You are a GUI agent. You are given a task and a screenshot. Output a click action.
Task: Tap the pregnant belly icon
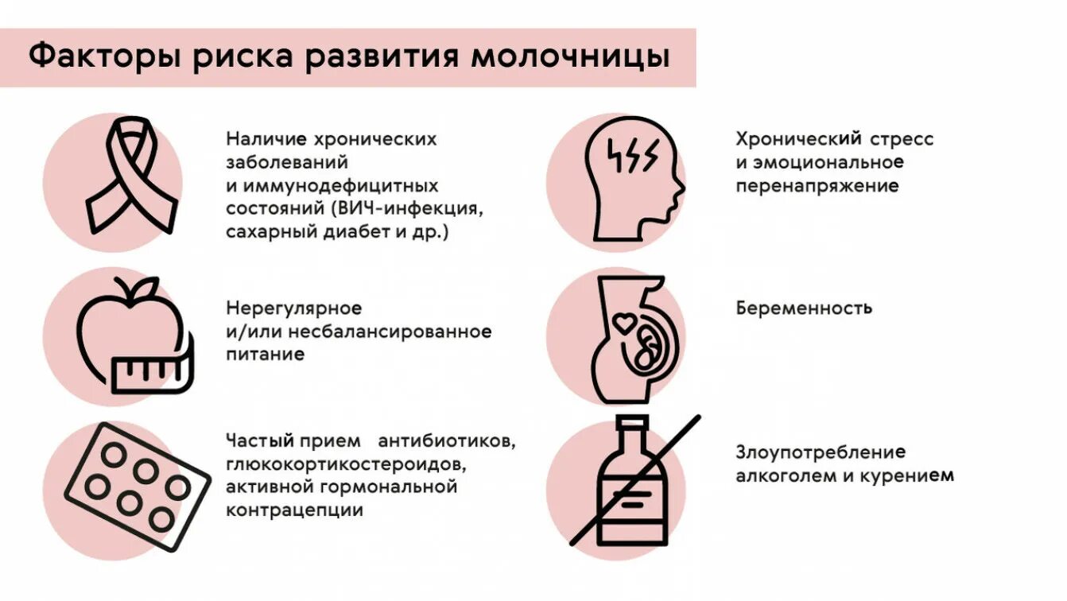click(632, 338)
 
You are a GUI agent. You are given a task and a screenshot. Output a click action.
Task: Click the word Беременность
click(804, 308)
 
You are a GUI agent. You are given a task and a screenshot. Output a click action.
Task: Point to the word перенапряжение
click(817, 187)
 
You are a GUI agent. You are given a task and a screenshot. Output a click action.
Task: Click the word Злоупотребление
click(821, 452)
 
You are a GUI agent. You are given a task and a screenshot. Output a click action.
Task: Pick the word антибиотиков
click(447, 440)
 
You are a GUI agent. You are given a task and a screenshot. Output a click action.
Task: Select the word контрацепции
click(294, 510)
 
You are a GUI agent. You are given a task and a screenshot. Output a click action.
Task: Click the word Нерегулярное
click(293, 308)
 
